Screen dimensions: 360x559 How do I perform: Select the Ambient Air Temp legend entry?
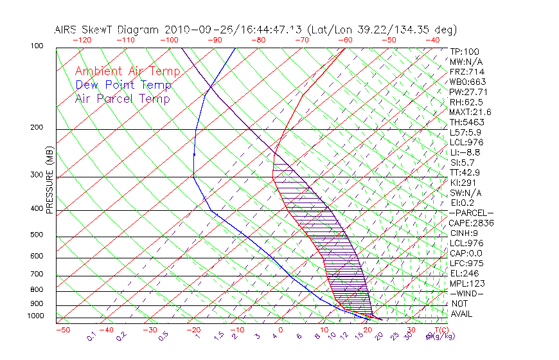(x=128, y=71)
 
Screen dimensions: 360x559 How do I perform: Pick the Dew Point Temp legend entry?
(x=123, y=85)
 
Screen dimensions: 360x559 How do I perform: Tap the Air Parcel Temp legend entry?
(x=123, y=98)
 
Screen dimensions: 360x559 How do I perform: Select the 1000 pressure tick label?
(x=36, y=316)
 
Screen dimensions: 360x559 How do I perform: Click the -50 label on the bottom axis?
(x=62, y=330)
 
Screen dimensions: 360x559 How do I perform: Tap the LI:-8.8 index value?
(x=465, y=152)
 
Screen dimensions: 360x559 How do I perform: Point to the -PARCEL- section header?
(x=472, y=213)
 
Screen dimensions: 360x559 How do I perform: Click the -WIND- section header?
(x=466, y=293)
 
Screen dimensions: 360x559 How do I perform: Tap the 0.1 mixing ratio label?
(x=91, y=337)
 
